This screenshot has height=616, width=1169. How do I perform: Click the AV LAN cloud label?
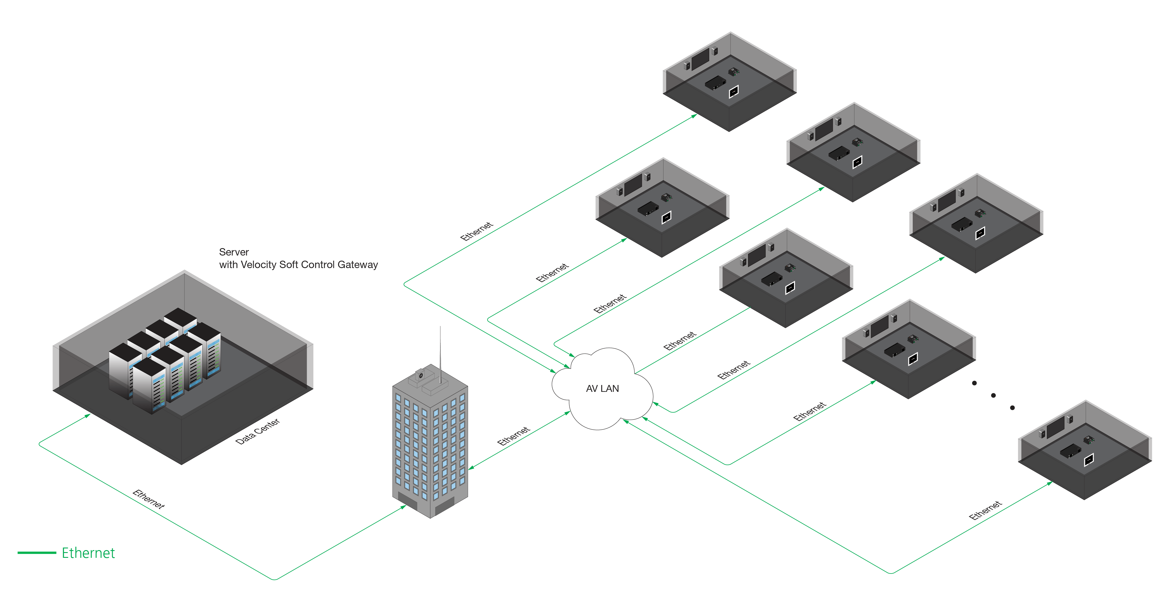602,388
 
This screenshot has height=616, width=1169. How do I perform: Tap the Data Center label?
257,431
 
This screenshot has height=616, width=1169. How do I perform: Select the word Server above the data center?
234,252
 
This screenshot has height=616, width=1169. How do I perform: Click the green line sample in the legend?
37,552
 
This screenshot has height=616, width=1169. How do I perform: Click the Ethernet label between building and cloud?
513,436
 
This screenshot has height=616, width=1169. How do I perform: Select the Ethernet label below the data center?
148,499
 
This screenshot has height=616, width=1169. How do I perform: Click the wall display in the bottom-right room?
1055,427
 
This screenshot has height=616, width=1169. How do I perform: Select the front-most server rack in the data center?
149,386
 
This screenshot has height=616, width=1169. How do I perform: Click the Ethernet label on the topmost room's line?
477,231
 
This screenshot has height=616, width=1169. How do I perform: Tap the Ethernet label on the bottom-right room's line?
985,510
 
